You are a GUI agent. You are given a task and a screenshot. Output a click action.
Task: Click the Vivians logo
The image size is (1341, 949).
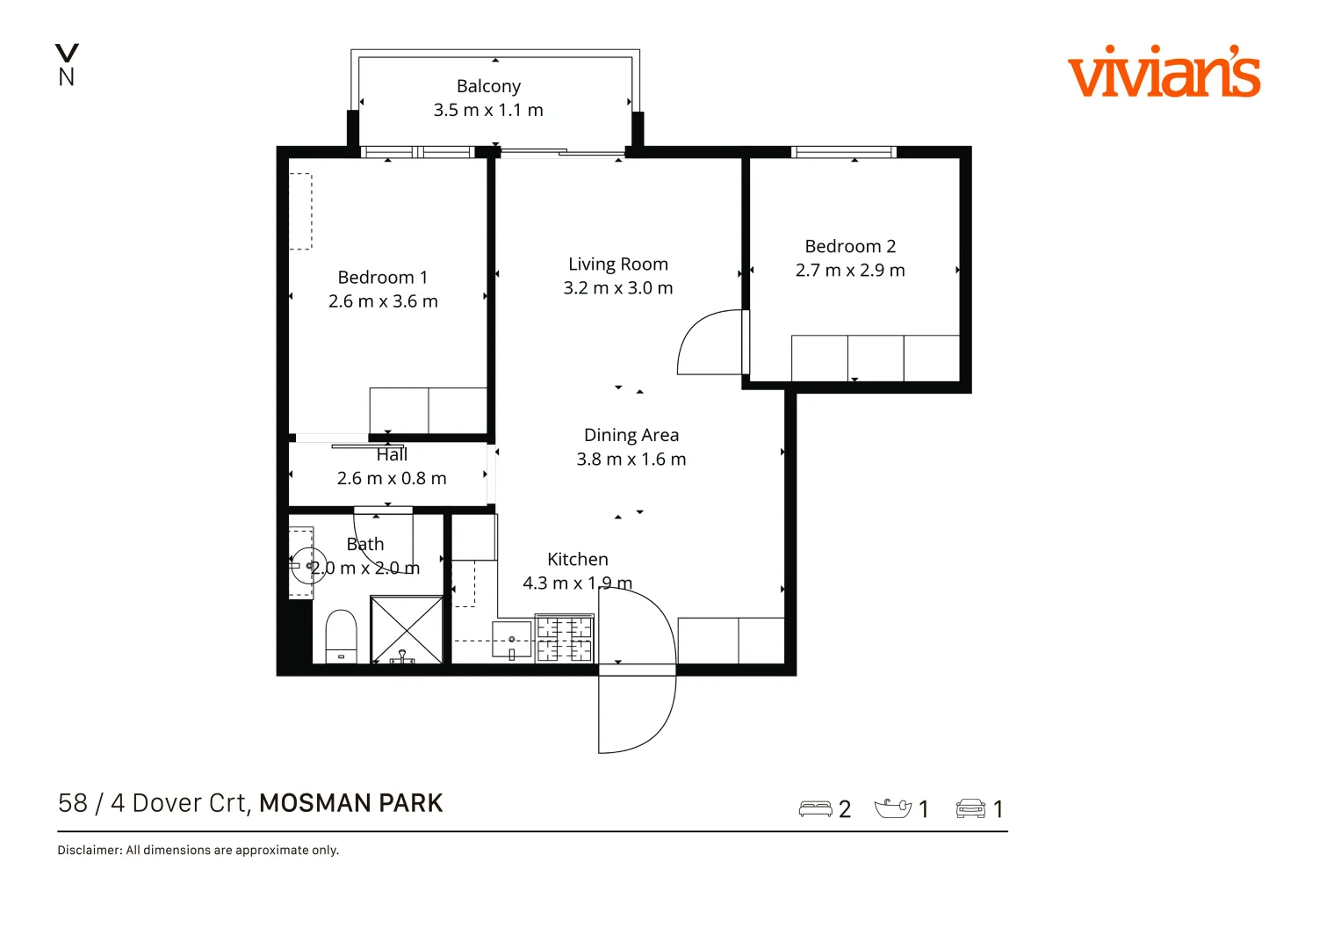pos(1164,71)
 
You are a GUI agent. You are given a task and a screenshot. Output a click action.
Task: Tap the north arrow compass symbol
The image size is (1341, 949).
pos(67,65)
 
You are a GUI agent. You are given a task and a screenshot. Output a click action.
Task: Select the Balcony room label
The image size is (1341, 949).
pos(488,86)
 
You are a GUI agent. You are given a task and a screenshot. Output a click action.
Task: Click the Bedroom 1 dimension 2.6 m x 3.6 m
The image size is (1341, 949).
pos(383,301)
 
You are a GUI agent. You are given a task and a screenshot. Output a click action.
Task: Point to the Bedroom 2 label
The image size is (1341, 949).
pos(850,246)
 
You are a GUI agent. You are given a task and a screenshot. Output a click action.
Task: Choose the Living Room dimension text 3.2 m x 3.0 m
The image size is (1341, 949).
pos(618,288)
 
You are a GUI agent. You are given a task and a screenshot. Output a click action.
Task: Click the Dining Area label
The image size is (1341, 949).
pos(631,435)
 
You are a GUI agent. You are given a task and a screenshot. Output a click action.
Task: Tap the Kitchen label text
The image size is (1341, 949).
pos(577,559)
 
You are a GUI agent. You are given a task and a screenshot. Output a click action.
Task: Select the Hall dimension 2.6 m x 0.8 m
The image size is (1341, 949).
pos(392,478)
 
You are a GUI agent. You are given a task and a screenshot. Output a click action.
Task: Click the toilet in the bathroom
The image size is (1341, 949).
pos(341,635)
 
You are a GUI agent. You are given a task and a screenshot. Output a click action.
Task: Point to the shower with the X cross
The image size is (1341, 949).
pos(407,629)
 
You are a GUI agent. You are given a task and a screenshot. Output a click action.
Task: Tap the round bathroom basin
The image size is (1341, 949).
pos(308,566)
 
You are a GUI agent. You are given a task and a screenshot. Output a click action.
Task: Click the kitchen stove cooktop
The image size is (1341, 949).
pos(565,639)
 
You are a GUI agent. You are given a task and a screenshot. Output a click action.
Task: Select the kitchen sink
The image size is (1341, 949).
pos(512,639)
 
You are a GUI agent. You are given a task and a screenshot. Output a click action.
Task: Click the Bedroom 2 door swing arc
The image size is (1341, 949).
pos(709,342)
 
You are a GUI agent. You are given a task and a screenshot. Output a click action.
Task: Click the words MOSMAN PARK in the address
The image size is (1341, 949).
pos(350,803)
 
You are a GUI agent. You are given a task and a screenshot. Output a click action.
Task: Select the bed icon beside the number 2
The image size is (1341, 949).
pos(815,808)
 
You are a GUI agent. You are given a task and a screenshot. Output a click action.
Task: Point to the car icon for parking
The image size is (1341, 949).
pos(970,808)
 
